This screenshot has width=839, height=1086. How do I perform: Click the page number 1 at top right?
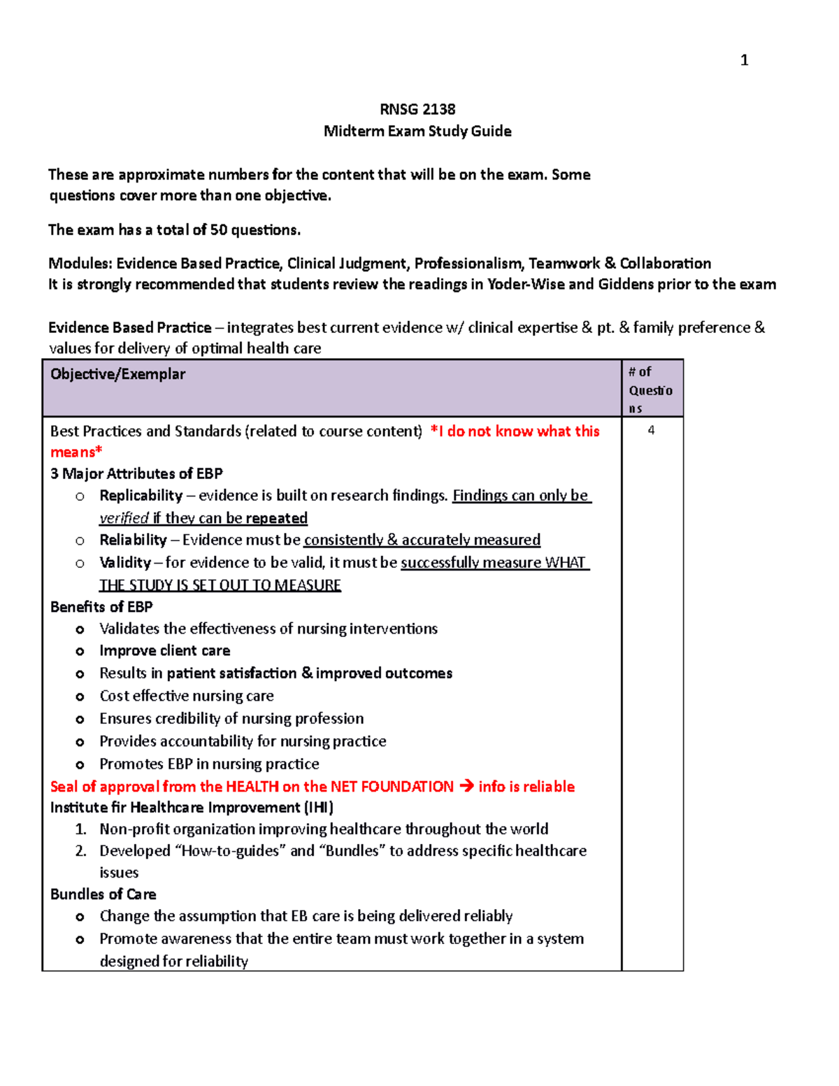tap(744, 60)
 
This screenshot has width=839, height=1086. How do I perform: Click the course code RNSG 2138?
tap(417, 109)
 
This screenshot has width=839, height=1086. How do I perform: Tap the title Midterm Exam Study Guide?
tap(417, 131)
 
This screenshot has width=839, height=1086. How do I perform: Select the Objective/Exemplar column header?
tap(117, 374)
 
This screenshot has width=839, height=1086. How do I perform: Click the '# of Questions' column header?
tap(650, 390)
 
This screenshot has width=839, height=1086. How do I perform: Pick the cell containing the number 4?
tap(651, 431)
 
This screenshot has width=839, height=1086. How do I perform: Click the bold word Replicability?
tap(141, 496)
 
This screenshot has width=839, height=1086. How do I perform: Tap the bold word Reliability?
tap(133, 540)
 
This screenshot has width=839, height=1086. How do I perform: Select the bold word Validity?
tap(125, 563)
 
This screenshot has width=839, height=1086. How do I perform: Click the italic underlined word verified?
tap(124, 518)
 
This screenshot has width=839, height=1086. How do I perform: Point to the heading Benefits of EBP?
tap(101, 607)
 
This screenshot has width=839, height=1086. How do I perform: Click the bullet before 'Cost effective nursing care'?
tap(80, 697)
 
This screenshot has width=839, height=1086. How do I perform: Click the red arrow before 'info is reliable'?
tap(466, 787)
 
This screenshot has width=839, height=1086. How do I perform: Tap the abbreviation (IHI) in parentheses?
tap(319, 808)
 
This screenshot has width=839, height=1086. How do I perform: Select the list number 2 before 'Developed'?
tap(80, 851)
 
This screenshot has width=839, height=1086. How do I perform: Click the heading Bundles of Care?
tap(103, 894)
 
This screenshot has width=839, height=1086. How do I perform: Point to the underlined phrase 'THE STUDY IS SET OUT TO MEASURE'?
tap(220, 585)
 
